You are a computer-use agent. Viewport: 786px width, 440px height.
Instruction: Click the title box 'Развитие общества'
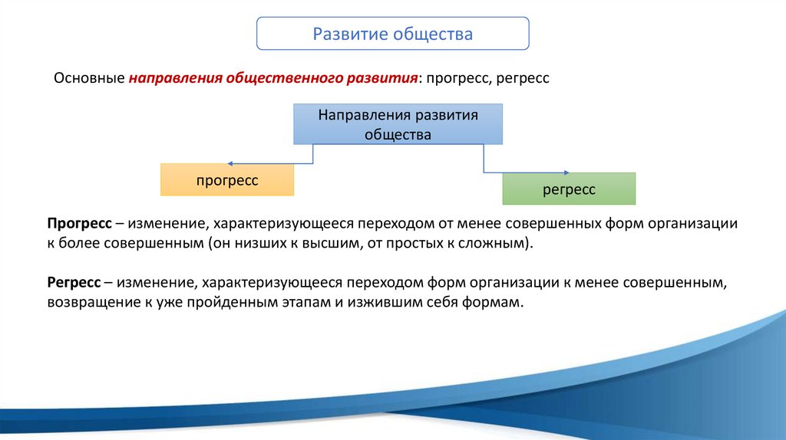click(392, 34)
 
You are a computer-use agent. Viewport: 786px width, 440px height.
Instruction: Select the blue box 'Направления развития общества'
click(398, 125)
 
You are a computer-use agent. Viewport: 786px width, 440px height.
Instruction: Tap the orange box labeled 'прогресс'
click(226, 179)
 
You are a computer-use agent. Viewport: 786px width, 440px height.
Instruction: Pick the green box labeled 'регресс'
click(569, 189)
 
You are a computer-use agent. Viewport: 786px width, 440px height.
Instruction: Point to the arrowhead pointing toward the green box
click(565, 172)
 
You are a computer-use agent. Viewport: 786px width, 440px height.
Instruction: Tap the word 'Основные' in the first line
click(88, 79)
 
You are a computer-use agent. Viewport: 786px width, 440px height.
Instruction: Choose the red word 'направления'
click(175, 79)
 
